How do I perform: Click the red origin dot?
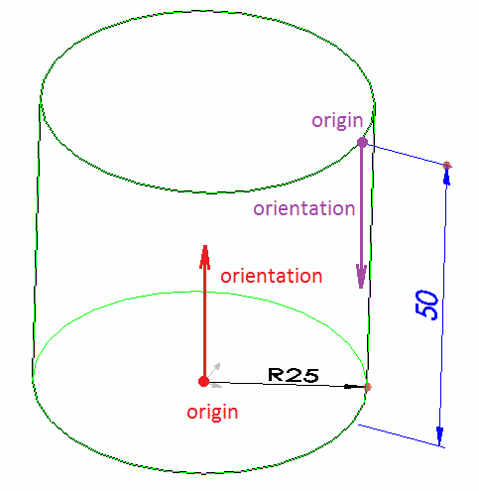(x=203, y=381)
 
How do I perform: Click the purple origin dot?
(x=362, y=143)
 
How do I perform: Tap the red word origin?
(x=212, y=413)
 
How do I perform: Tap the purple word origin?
(x=337, y=121)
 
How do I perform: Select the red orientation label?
(x=272, y=276)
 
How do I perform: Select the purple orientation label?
(x=304, y=208)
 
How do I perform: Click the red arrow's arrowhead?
(x=205, y=257)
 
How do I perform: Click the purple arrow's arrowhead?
(x=361, y=276)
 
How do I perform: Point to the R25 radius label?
(x=294, y=375)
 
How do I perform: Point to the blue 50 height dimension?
(x=426, y=305)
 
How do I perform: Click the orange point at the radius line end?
(x=367, y=387)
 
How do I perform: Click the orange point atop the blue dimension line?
(x=447, y=165)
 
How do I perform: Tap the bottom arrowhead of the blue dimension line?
(x=439, y=435)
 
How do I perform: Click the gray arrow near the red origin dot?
(x=214, y=370)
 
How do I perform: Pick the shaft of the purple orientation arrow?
(x=361, y=205)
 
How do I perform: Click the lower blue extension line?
(x=402, y=436)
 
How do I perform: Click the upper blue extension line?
(x=408, y=155)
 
